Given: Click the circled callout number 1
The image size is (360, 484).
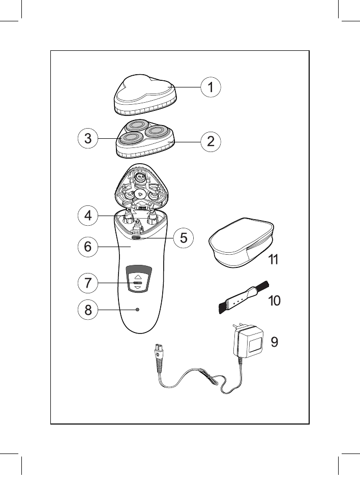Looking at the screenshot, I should [x=209, y=87].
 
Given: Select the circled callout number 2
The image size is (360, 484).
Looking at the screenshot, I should [x=210, y=142].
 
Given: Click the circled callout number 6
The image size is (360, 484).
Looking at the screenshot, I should [x=88, y=247].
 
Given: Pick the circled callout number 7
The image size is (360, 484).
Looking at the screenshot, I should [x=88, y=283].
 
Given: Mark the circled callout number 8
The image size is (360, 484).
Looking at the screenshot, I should [x=88, y=310].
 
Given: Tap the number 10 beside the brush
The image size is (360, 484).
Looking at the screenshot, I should [x=274, y=301].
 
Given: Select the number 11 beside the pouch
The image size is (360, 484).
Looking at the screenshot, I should [x=274, y=260].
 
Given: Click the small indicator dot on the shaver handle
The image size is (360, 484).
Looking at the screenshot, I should [x=137, y=310].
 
